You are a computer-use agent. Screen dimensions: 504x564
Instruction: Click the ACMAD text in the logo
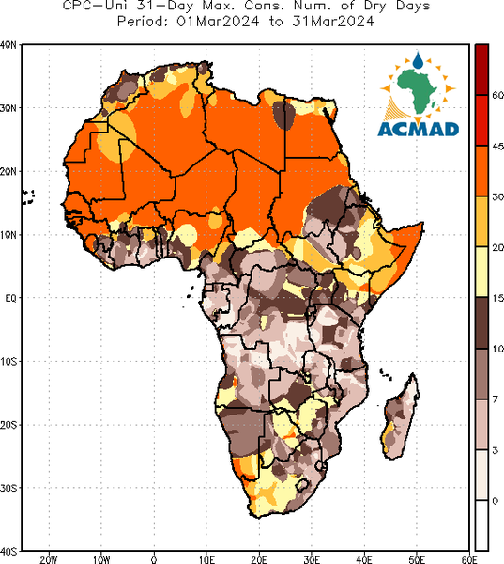tap(419, 130)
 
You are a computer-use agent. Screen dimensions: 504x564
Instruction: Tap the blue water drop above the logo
tap(418, 61)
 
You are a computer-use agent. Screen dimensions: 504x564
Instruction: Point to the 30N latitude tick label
tap(8, 108)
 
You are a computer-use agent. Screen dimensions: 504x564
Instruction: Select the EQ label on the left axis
tap(10, 298)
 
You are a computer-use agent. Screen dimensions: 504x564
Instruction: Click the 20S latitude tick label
tap(8, 425)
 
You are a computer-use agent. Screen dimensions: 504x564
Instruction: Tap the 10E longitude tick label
tap(206, 559)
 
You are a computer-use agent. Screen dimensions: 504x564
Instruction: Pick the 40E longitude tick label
tap(364, 559)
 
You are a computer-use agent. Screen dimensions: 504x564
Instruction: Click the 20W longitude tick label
tap(49, 559)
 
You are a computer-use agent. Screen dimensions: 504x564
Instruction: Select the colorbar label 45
tap(497, 147)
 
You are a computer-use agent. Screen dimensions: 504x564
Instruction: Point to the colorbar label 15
tap(497, 298)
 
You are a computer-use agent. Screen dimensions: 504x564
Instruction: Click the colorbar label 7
tap(496, 399)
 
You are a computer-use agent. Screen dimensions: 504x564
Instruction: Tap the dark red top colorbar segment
tap(481, 70)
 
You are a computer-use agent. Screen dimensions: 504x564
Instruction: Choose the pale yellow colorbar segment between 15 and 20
tap(481, 272)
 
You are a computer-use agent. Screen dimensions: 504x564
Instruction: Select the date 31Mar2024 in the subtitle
tap(333, 22)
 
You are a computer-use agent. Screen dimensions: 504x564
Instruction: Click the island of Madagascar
tap(400, 416)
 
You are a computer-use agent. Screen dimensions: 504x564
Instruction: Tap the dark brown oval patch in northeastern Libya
tap(283, 115)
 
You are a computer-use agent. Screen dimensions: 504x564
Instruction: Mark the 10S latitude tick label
tap(8, 362)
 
